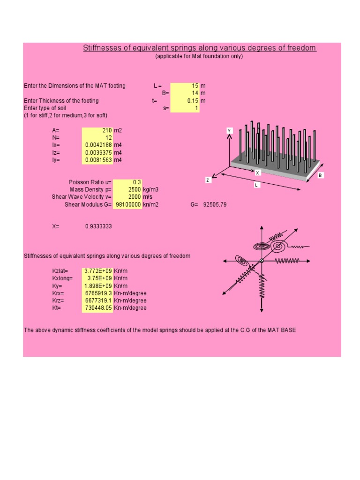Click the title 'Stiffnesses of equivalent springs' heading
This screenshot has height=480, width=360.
pos(199,48)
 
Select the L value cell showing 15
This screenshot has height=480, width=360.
pos(185,86)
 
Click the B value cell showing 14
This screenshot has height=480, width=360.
pos(185,93)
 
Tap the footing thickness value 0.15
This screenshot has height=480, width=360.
pos(185,101)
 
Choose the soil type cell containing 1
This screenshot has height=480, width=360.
pos(185,108)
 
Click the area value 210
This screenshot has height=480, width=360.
pos(97,130)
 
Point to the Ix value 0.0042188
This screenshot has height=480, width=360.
pos(97,145)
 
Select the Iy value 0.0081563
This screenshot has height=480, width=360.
pos(97,160)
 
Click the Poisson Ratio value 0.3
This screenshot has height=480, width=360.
pos(127,182)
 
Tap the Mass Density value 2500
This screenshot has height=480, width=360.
pos(127,190)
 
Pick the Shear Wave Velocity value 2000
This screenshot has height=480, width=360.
pos(127,197)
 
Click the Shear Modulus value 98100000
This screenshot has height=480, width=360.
pos(127,205)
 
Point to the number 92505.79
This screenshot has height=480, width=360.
pos(215,205)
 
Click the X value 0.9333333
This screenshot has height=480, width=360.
pos(98,226)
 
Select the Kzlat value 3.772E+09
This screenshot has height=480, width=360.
pos(97,271)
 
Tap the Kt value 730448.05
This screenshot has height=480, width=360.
pos(97,308)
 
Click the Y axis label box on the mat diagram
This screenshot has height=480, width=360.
pos(230,131)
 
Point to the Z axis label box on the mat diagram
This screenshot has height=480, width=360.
pos(208,180)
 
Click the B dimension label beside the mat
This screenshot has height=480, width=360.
pos(321,175)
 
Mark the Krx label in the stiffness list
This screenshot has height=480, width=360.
pos(58,293)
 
